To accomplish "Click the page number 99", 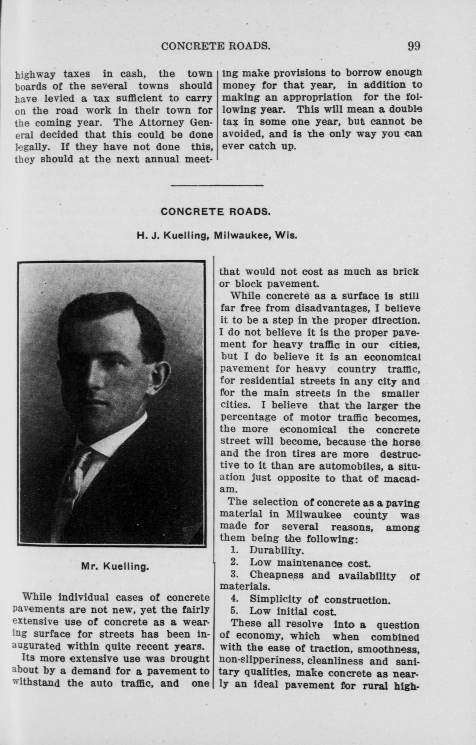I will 414,46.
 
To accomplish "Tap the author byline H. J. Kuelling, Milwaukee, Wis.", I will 217,236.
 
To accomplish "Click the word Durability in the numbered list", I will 276,550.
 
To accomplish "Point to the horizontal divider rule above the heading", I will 217,185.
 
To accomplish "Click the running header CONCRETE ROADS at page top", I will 216,46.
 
